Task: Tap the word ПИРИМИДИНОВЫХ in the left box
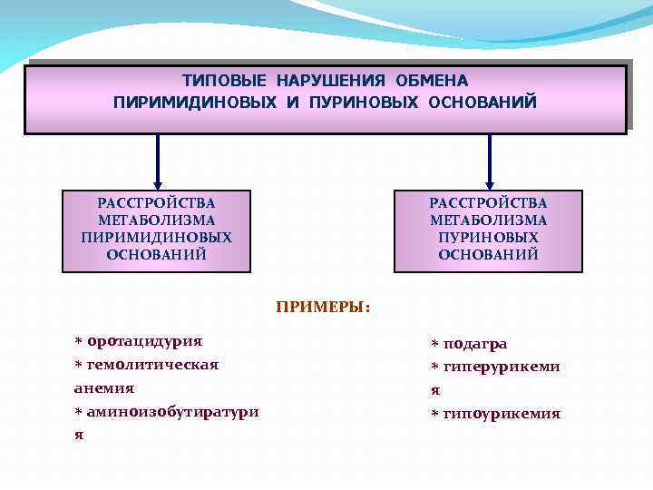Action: (x=156, y=237)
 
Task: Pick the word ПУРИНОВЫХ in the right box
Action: (x=488, y=237)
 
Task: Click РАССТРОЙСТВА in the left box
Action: (x=156, y=202)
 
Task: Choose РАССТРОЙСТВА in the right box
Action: (x=488, y=202)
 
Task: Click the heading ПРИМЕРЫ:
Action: (x=323, y=307)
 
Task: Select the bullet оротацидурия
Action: (x=144, y=341)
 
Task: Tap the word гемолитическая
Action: (x=152, y=365)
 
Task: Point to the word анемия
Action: (x=103, y=387)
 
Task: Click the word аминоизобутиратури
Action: (x=172, y=411)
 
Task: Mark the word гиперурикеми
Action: (x=501, y=367)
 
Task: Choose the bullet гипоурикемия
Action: (x=501, y=414)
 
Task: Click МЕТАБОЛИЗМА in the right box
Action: (x=488, y=220)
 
